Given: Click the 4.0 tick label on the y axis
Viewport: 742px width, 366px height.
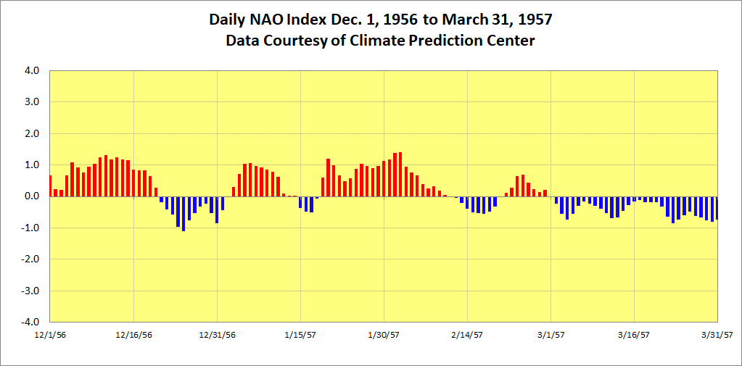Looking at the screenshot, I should coord(32,71).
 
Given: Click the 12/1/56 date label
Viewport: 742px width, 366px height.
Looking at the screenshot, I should coord(50,335).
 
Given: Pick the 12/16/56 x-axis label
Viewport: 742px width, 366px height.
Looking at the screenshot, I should coord(133,335).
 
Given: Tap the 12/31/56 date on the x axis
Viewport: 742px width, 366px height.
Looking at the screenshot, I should coord(217,335).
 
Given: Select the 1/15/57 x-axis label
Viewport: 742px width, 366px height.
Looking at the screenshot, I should coord(300,335).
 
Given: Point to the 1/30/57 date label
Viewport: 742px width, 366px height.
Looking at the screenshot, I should coord(384,335).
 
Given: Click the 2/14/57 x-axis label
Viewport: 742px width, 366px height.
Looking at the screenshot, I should coord(467,335).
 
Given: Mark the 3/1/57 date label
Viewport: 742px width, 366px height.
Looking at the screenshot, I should coord(551,335).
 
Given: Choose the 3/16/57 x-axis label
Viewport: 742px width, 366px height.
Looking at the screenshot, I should coord(634,335).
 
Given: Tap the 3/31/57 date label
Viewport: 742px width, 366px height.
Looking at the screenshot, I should coord(717,335).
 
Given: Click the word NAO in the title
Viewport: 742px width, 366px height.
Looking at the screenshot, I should coord(265,20).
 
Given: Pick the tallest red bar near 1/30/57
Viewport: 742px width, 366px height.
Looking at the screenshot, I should coord(400,175).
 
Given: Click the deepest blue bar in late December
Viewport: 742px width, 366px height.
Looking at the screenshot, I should coord(184,214).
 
